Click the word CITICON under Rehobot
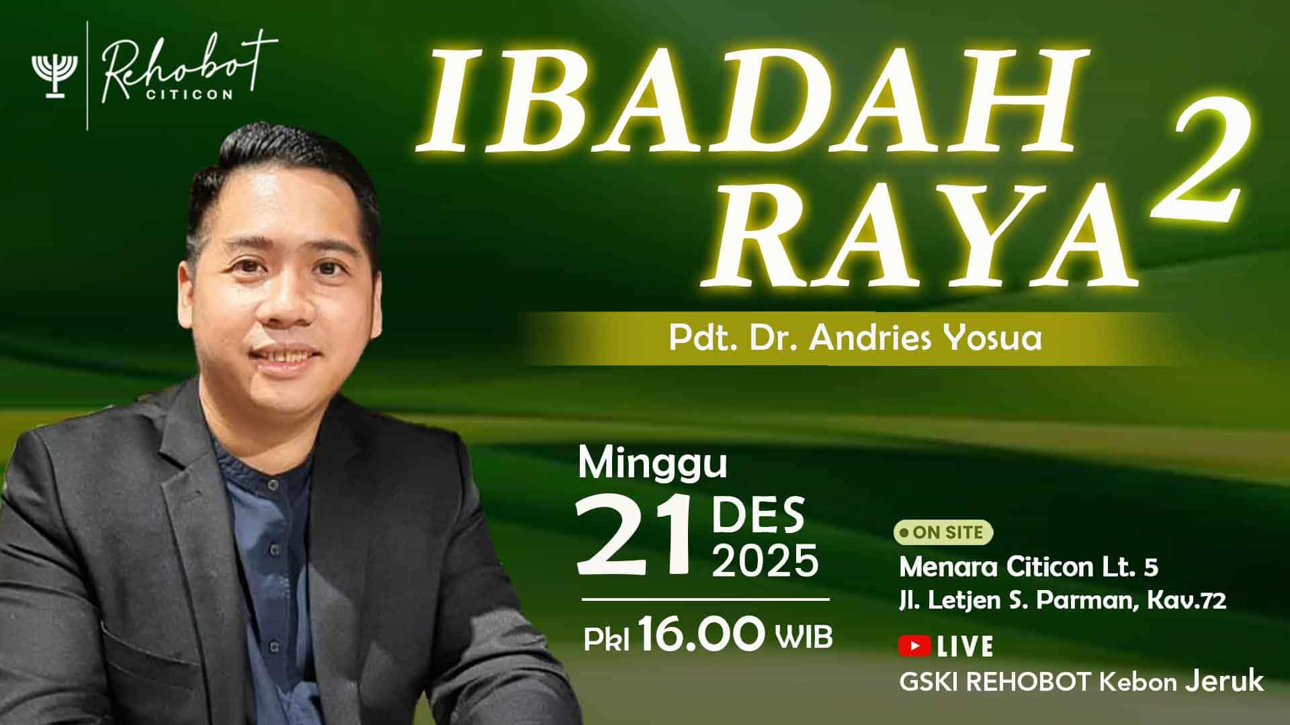[x=190, y=95]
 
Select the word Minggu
[x=652, y=465]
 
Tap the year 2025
[x=765, y=561]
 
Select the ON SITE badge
[x=943, y=532]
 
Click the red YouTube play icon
[x=914, y=646]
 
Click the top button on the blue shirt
[x=271, y=485]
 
